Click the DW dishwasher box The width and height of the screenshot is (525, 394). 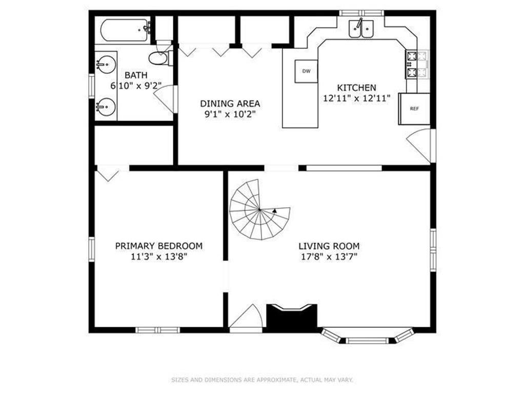tap(306, 71)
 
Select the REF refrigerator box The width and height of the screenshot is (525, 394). tap(414, 109)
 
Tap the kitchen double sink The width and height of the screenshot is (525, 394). tap(361, 29)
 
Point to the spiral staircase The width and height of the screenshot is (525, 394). tap(260, 209)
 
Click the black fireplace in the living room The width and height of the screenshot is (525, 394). tap(292, 316)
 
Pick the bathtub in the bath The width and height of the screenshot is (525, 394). tap(125, 30)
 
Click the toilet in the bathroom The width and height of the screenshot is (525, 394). tap(160, 57)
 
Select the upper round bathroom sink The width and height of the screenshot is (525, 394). tap(106, 64)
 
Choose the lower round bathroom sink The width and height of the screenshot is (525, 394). tap(106, 107)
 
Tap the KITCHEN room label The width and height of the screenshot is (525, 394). tap(356, 88)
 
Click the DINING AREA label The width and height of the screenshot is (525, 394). tap(230, 104)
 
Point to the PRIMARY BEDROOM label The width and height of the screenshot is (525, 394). tap(159, 246)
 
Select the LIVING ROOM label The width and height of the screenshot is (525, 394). tap(329, 246)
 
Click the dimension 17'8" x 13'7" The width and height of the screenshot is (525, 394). tap(329, 257)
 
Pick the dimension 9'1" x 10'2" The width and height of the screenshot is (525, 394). tap(230, 114)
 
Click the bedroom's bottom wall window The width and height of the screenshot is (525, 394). tap(158, 330)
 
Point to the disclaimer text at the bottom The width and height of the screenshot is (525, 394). tap(262, 380)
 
